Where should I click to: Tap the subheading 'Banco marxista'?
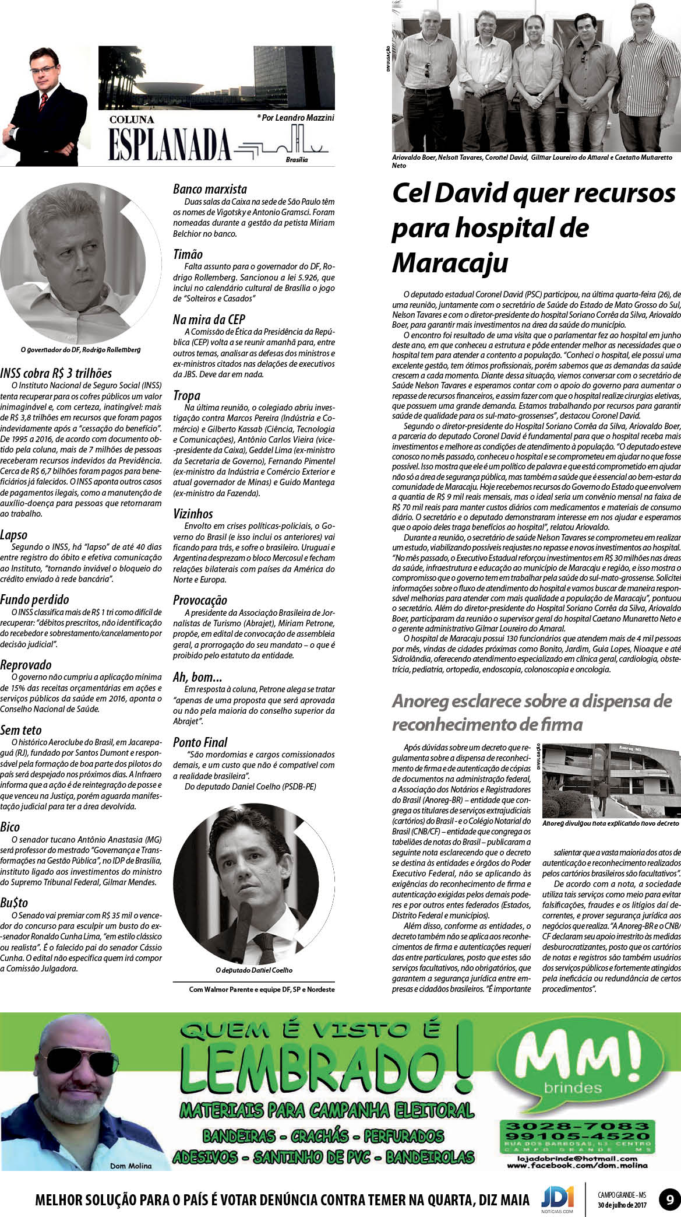210,189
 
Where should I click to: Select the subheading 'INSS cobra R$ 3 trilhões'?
56,373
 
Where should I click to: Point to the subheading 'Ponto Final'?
200,742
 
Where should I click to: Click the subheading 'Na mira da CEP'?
209,320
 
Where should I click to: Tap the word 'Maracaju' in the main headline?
450,263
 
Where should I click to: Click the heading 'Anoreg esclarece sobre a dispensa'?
531,700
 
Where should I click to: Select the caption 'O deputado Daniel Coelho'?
254,970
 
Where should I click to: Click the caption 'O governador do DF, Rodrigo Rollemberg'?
80,350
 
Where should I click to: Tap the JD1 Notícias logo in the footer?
557,1197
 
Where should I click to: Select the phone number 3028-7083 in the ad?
576,1125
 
